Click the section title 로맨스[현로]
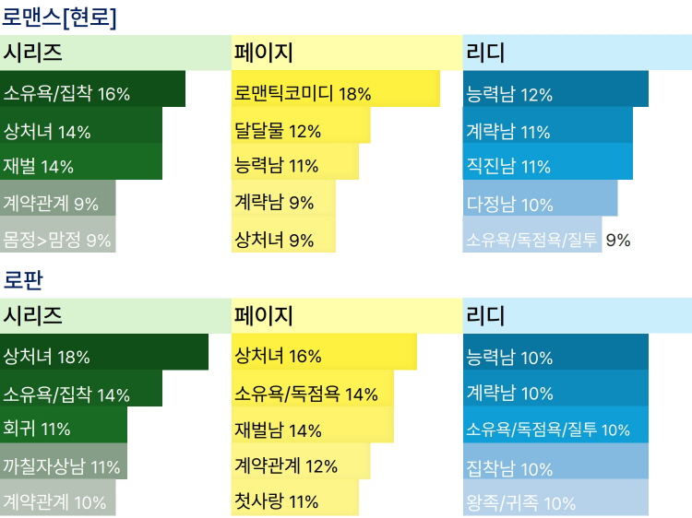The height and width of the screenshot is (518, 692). point(59,17)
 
